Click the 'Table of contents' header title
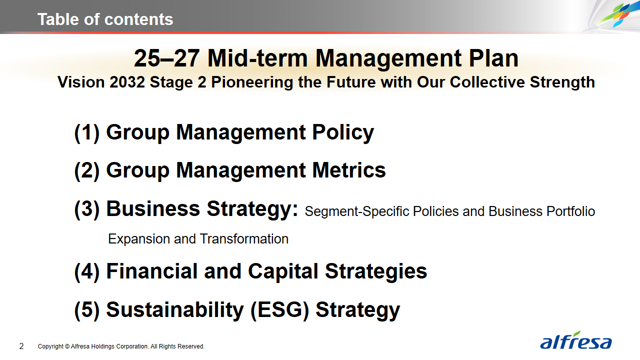(105, 19)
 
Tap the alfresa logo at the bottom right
(575, 340)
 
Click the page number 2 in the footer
(21, 346)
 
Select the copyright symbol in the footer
(67, 346)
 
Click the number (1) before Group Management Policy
(87, 133)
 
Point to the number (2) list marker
(87, 171)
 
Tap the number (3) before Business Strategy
(87, 209)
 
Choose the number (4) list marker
(87, 272)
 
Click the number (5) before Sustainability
(87, 310)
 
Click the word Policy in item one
(343, 133)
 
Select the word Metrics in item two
(349, 170)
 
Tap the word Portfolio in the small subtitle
(570, 211)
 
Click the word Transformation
(244, 239)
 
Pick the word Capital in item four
(283, 271)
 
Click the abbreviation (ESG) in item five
(279, 310)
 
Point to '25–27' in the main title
(166, 58)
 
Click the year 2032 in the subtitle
(127, 82)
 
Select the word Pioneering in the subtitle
(252, 82)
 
